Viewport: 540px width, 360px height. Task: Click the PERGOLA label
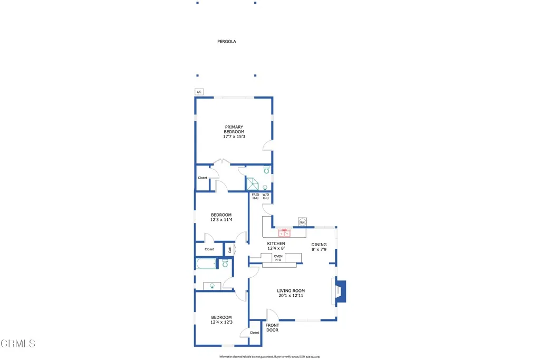click(227, 41)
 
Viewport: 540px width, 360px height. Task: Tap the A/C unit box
click(199, 92)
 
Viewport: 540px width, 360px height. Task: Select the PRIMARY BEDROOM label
click(234, 129)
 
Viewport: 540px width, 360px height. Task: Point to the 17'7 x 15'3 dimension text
click(234, 137)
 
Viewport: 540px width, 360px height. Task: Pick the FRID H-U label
click(255, 197)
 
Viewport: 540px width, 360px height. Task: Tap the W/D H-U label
click(266, 197)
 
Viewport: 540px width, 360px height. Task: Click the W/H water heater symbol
click(302, 222)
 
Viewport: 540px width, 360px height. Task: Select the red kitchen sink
click(284, 232)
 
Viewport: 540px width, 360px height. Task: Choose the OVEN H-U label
click(278, 258)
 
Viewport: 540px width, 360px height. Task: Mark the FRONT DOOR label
click(272, 328)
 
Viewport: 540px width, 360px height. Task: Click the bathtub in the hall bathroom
click(207, 264)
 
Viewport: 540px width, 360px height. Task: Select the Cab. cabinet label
click(230, 249)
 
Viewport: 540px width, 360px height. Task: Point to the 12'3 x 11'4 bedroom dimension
click(221, 220)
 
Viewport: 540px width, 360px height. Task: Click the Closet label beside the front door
click(255, 333)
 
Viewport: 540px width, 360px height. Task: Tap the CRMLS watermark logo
click(18, 344)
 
